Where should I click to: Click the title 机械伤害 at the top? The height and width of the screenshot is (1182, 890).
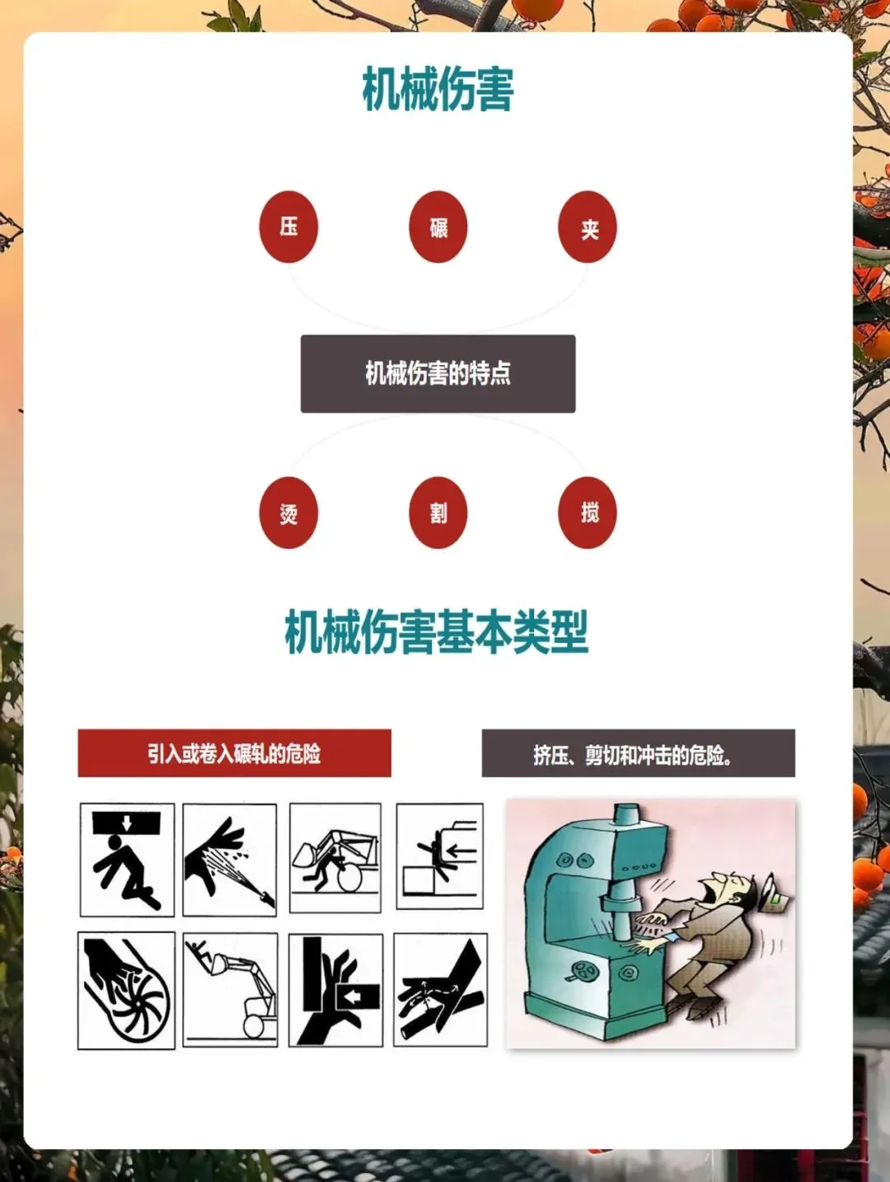click(438, 89)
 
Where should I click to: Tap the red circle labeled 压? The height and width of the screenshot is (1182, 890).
click(288, 227)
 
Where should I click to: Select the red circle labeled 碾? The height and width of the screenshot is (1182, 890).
click(438, 227)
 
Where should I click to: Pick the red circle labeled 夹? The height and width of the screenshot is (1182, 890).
click(588, 227)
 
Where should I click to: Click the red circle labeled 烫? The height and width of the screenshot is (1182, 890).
click(288, 512)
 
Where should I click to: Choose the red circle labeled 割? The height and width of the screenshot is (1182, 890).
click(438, 512)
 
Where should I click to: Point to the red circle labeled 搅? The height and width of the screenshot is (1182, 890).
click(588, 512)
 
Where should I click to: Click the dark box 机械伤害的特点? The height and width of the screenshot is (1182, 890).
click(438, 373)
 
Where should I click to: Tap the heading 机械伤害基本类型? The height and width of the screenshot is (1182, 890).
click(437, 631)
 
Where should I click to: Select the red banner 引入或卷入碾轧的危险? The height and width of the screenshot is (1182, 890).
click(234, 753)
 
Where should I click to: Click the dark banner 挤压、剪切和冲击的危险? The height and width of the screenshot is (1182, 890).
click(638, 753)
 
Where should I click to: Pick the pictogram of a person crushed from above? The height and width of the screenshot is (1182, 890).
click(127, 860)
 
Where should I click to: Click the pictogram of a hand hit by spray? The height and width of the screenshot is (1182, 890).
click(229, 860)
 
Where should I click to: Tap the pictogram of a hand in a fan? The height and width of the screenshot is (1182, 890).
click(127, 991)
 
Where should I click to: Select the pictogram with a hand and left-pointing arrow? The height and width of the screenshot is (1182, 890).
click(335, 990)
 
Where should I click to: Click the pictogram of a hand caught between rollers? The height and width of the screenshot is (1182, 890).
click(440, 990)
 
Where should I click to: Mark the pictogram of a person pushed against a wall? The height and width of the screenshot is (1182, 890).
click(440, 856)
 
